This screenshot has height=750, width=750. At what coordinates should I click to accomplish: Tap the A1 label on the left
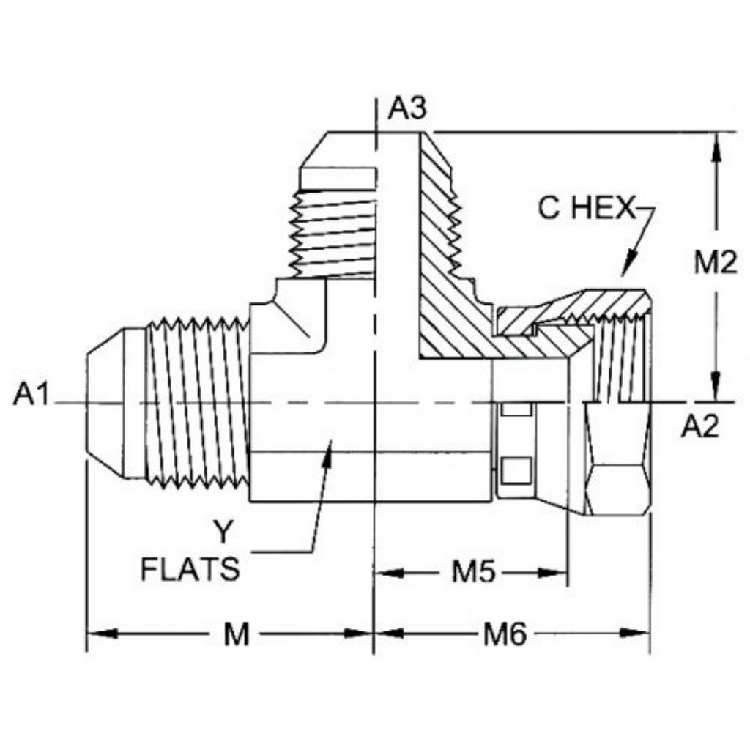pos(31,395)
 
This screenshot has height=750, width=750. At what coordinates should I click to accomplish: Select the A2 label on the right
pos(700,426)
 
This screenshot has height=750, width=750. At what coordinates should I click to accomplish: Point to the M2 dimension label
pos(716,263)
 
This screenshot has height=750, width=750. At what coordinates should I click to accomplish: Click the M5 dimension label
pos(474,571)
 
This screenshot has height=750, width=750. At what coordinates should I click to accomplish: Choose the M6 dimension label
pos(505,635)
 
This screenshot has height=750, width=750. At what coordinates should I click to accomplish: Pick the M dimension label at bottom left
pos(237,635)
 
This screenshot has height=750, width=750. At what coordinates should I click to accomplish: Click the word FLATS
pos(190,569)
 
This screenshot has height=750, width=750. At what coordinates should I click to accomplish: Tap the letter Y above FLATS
pos(223,532)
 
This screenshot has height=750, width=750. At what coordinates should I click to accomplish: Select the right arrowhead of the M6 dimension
pos(635,634)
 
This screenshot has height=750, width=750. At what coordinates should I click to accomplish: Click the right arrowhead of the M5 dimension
pos(553,572)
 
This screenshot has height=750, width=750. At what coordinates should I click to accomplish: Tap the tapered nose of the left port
pos(105,403)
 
